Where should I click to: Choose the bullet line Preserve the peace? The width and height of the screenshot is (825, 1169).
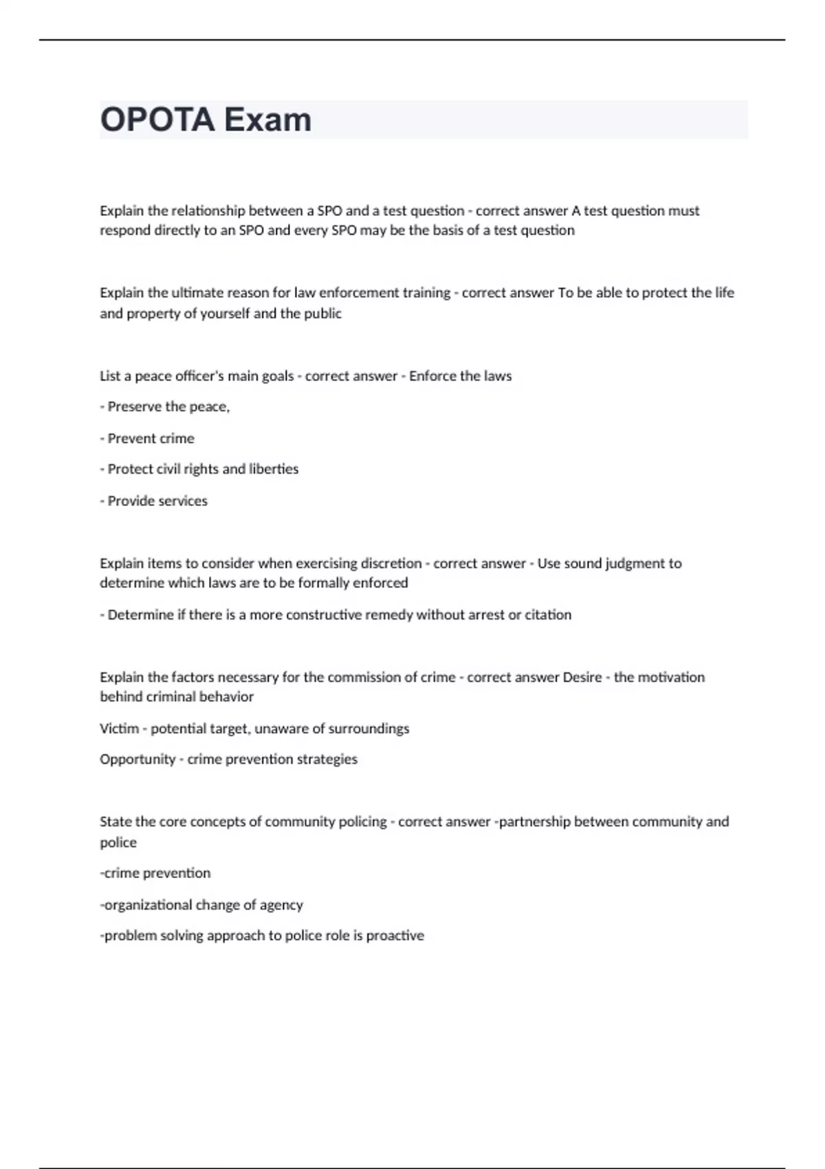[165, 407]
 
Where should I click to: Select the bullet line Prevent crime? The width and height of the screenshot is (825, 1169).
[147, 439]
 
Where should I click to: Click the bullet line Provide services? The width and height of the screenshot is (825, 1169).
[154, 501]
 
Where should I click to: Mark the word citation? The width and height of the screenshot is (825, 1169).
[548, 615]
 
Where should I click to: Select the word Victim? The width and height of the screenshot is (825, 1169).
[119, 729]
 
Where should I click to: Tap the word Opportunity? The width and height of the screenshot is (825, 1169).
[137, 760]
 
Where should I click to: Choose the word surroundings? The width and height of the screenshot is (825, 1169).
[368, 729]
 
